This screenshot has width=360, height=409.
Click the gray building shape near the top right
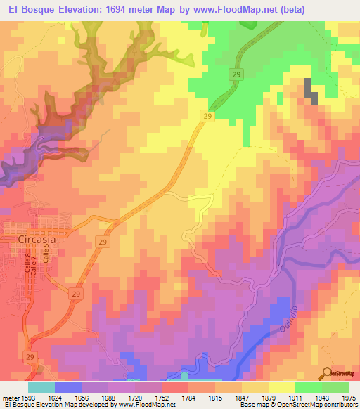pos(309,91)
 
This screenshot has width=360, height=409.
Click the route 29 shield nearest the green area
pos(236,74)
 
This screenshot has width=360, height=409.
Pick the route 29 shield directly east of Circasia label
pos(103,242)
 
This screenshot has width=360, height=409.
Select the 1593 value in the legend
pos(28,397)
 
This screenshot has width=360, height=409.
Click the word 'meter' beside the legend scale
pos(9,397)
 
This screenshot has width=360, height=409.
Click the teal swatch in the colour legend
pos(41,387)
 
